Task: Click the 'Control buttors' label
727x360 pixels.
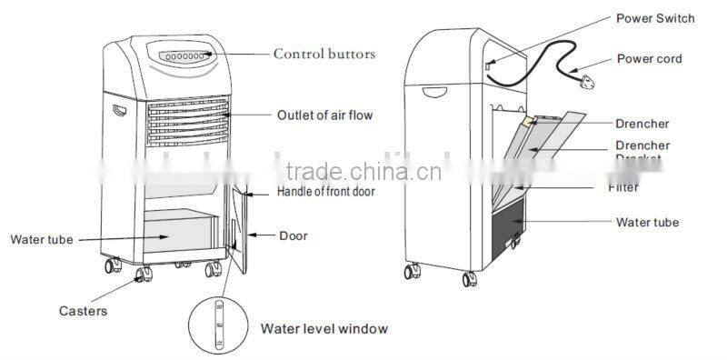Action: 324,55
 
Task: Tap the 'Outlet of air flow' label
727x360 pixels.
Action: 324,115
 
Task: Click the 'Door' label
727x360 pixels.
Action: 293,236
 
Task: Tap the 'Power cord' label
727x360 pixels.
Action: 650,59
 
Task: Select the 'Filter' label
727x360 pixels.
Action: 623,188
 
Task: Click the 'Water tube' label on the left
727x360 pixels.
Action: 41,240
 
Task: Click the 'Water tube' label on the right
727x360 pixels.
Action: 648,222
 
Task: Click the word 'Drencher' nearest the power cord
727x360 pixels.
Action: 642,123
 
